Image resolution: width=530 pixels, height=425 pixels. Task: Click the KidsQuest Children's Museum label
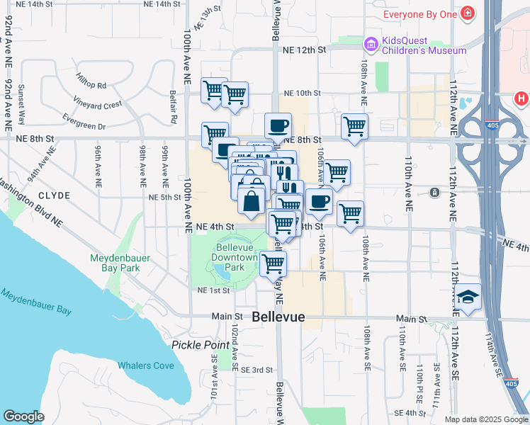(424, 46)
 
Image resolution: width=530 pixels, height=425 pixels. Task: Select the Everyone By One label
(420, 14)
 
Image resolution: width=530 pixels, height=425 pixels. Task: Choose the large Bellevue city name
(278, 318)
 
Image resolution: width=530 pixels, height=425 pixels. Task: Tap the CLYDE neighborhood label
(55, 195)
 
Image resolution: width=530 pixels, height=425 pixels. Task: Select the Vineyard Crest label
(102, 105)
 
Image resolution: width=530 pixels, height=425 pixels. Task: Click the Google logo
(23, 416)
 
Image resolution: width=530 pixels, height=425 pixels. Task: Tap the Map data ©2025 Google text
(485, 419)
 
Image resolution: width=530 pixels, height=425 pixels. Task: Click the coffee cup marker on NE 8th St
(278, 126)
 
